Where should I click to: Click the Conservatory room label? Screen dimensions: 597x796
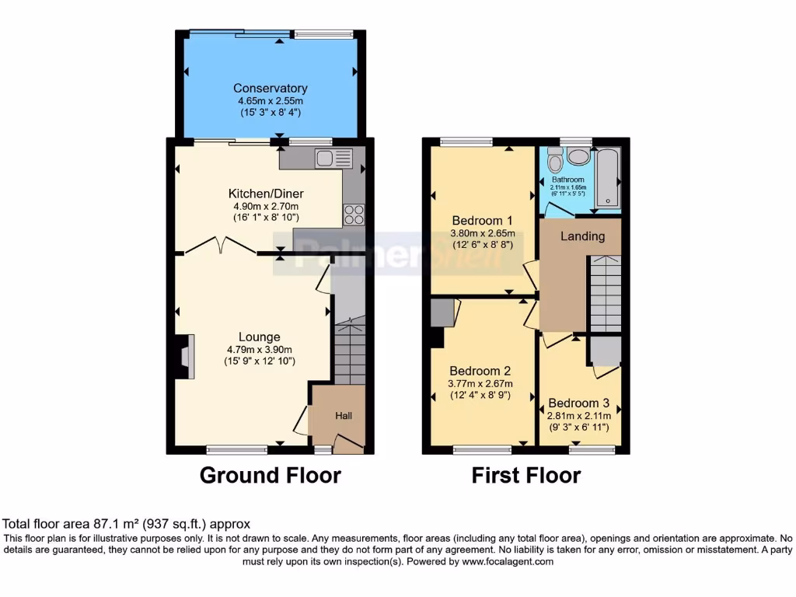coord(270,89)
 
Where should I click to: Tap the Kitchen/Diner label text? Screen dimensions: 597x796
coord(266,194)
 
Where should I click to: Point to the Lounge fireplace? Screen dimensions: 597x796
coord(183,356)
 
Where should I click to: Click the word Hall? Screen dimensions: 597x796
coord(344,417)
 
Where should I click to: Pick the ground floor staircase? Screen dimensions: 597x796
coord(349,350)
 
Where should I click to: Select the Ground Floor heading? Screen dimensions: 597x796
coord(270,475)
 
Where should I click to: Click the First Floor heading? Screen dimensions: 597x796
coord(525,475)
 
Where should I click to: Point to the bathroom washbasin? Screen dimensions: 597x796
coord(578,156)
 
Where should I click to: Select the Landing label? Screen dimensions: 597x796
coord(582,236)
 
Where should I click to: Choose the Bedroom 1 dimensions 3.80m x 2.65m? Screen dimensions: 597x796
coord(481,232)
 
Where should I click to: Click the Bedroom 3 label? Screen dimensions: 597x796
coord(578,403)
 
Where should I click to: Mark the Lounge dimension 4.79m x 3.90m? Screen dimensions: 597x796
coord(259,350)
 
